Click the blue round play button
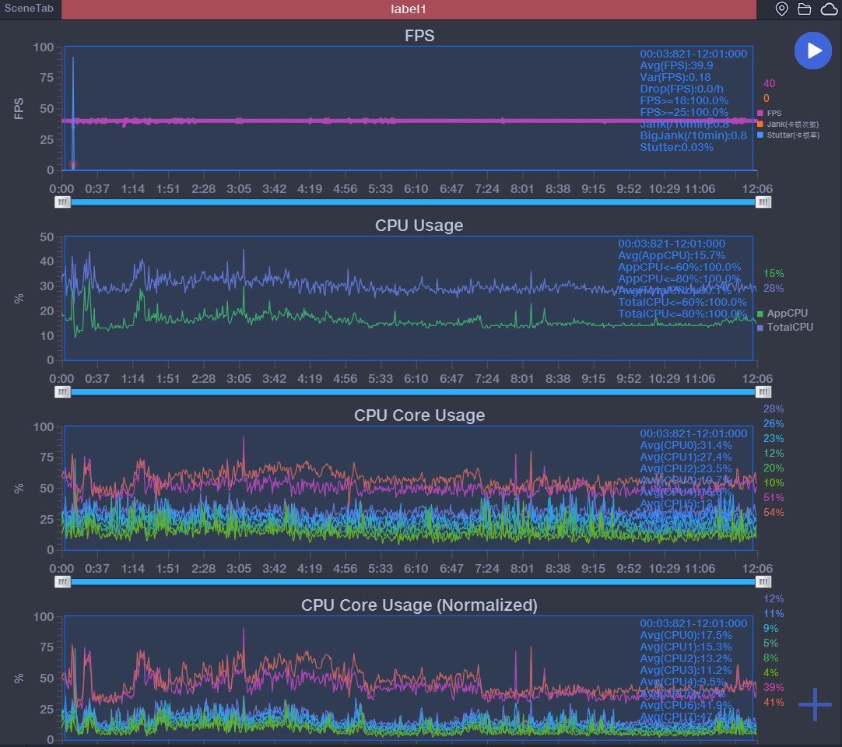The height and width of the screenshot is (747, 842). (813, 51)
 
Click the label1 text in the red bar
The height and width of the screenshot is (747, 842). (409, 9)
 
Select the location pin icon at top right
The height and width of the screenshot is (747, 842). (782, 9)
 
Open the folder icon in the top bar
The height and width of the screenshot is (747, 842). (804, 9)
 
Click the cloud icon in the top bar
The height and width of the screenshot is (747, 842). (827, 9)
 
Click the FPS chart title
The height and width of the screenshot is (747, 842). (419, 35)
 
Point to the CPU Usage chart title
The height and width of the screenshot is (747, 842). (419, 225)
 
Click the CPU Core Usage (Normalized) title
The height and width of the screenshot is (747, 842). (419, 605)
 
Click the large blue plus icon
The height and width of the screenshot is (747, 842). (815, 704)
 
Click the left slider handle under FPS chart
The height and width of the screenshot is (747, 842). (62, 202)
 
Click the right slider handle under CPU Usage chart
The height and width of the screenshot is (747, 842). (764, 392)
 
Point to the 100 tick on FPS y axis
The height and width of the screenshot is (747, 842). (44, 47)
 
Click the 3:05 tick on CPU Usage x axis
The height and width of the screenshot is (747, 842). (239, 379)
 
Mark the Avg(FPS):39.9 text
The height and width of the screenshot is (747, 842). (676, 65)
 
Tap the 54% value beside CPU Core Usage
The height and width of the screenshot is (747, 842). (774, 512)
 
